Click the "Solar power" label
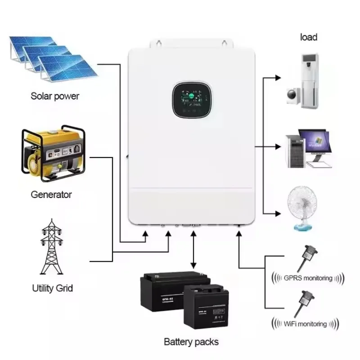tap(54, 96)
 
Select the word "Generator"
tap(51, 195)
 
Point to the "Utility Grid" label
tap(52, 288)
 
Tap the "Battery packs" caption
tap(191, 342)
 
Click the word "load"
tap(309, 37)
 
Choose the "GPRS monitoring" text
tap(308, 278)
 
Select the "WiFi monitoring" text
tap(306, 324)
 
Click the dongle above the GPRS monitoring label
tap(306, 257)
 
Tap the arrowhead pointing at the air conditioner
tap(279, 78)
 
